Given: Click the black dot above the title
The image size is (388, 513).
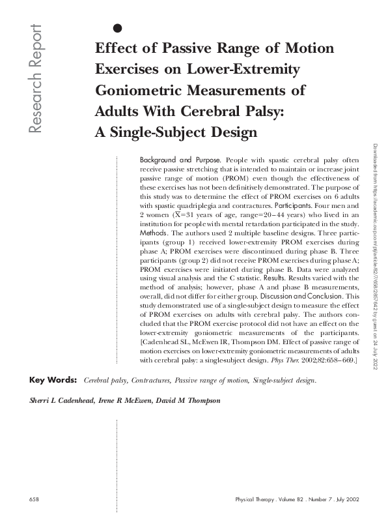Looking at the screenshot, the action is [118, 27].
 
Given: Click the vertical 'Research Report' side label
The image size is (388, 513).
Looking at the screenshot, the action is [34, 80].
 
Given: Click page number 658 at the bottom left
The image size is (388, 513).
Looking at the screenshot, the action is [35, 499].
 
